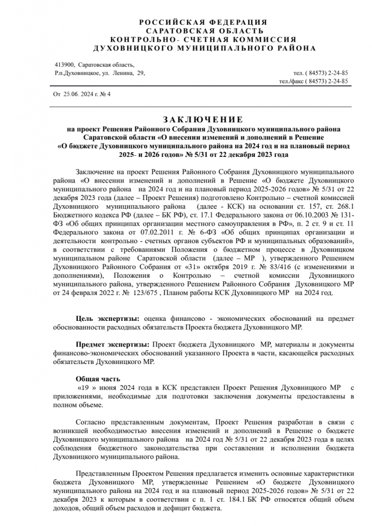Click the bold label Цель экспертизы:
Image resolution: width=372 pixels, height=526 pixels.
(109, 319)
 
